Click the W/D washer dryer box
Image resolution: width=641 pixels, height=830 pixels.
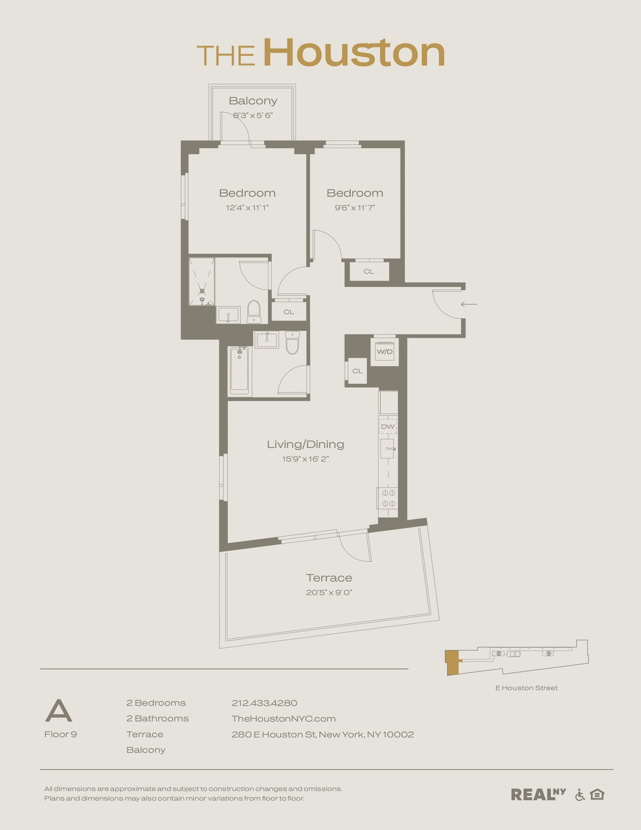(384, 352)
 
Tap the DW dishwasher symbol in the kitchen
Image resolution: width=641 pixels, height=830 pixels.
(388, 426)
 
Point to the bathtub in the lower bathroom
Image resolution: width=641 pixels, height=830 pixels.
(239, 370)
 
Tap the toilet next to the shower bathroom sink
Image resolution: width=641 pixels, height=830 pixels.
(254, 312)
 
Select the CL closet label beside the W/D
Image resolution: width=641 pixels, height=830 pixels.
(357, 371)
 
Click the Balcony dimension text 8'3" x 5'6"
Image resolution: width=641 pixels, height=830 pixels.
(253, 115)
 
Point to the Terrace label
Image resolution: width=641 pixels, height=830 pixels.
(329, 578)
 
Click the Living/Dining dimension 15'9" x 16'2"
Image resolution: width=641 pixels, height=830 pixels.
(305, 459)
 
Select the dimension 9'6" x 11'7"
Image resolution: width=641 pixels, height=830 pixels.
(355, 207)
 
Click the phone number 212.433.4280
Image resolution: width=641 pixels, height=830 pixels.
(264, 703)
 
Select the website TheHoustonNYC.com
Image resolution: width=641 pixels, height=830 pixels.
(284, 719)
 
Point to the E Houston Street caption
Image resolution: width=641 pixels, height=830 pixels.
(526, 688)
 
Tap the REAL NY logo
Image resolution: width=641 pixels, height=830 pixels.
(538, 794)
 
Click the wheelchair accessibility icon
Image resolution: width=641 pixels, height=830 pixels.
(580, 795)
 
